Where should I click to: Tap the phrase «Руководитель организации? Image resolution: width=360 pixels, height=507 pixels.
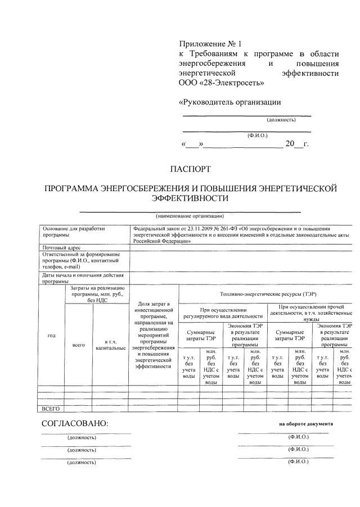pyautogui.click(x=229, y=102)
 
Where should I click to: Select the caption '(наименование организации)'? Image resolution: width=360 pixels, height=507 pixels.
pyautogui.click(x=190, y=216)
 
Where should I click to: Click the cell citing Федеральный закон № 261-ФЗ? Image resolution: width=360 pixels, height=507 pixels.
pyautogui.click(x=241, y=235)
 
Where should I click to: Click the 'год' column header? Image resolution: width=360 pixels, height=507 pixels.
pyautogui.click(x=51, y=336)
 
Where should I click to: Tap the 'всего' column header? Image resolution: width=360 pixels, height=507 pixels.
pyautogui.click(x=79, y=345)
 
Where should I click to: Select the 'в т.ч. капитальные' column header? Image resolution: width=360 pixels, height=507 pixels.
pyautogui.click(x=110, y=345)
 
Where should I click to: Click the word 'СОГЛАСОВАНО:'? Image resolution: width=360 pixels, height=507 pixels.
pyautogui.click(x=74, y=423)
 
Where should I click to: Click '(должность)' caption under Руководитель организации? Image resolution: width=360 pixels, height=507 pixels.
pyautogui.click(x=281, y=120)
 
